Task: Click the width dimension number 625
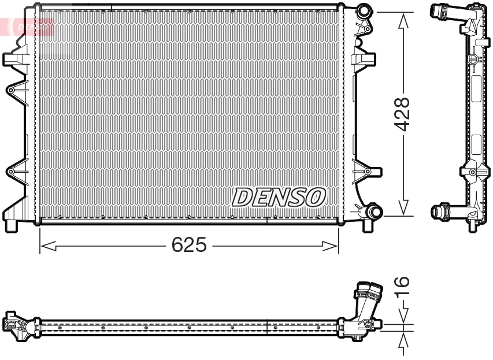(189, 246)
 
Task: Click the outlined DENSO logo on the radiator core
(278, 198)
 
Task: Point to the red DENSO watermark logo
(29, 26)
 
